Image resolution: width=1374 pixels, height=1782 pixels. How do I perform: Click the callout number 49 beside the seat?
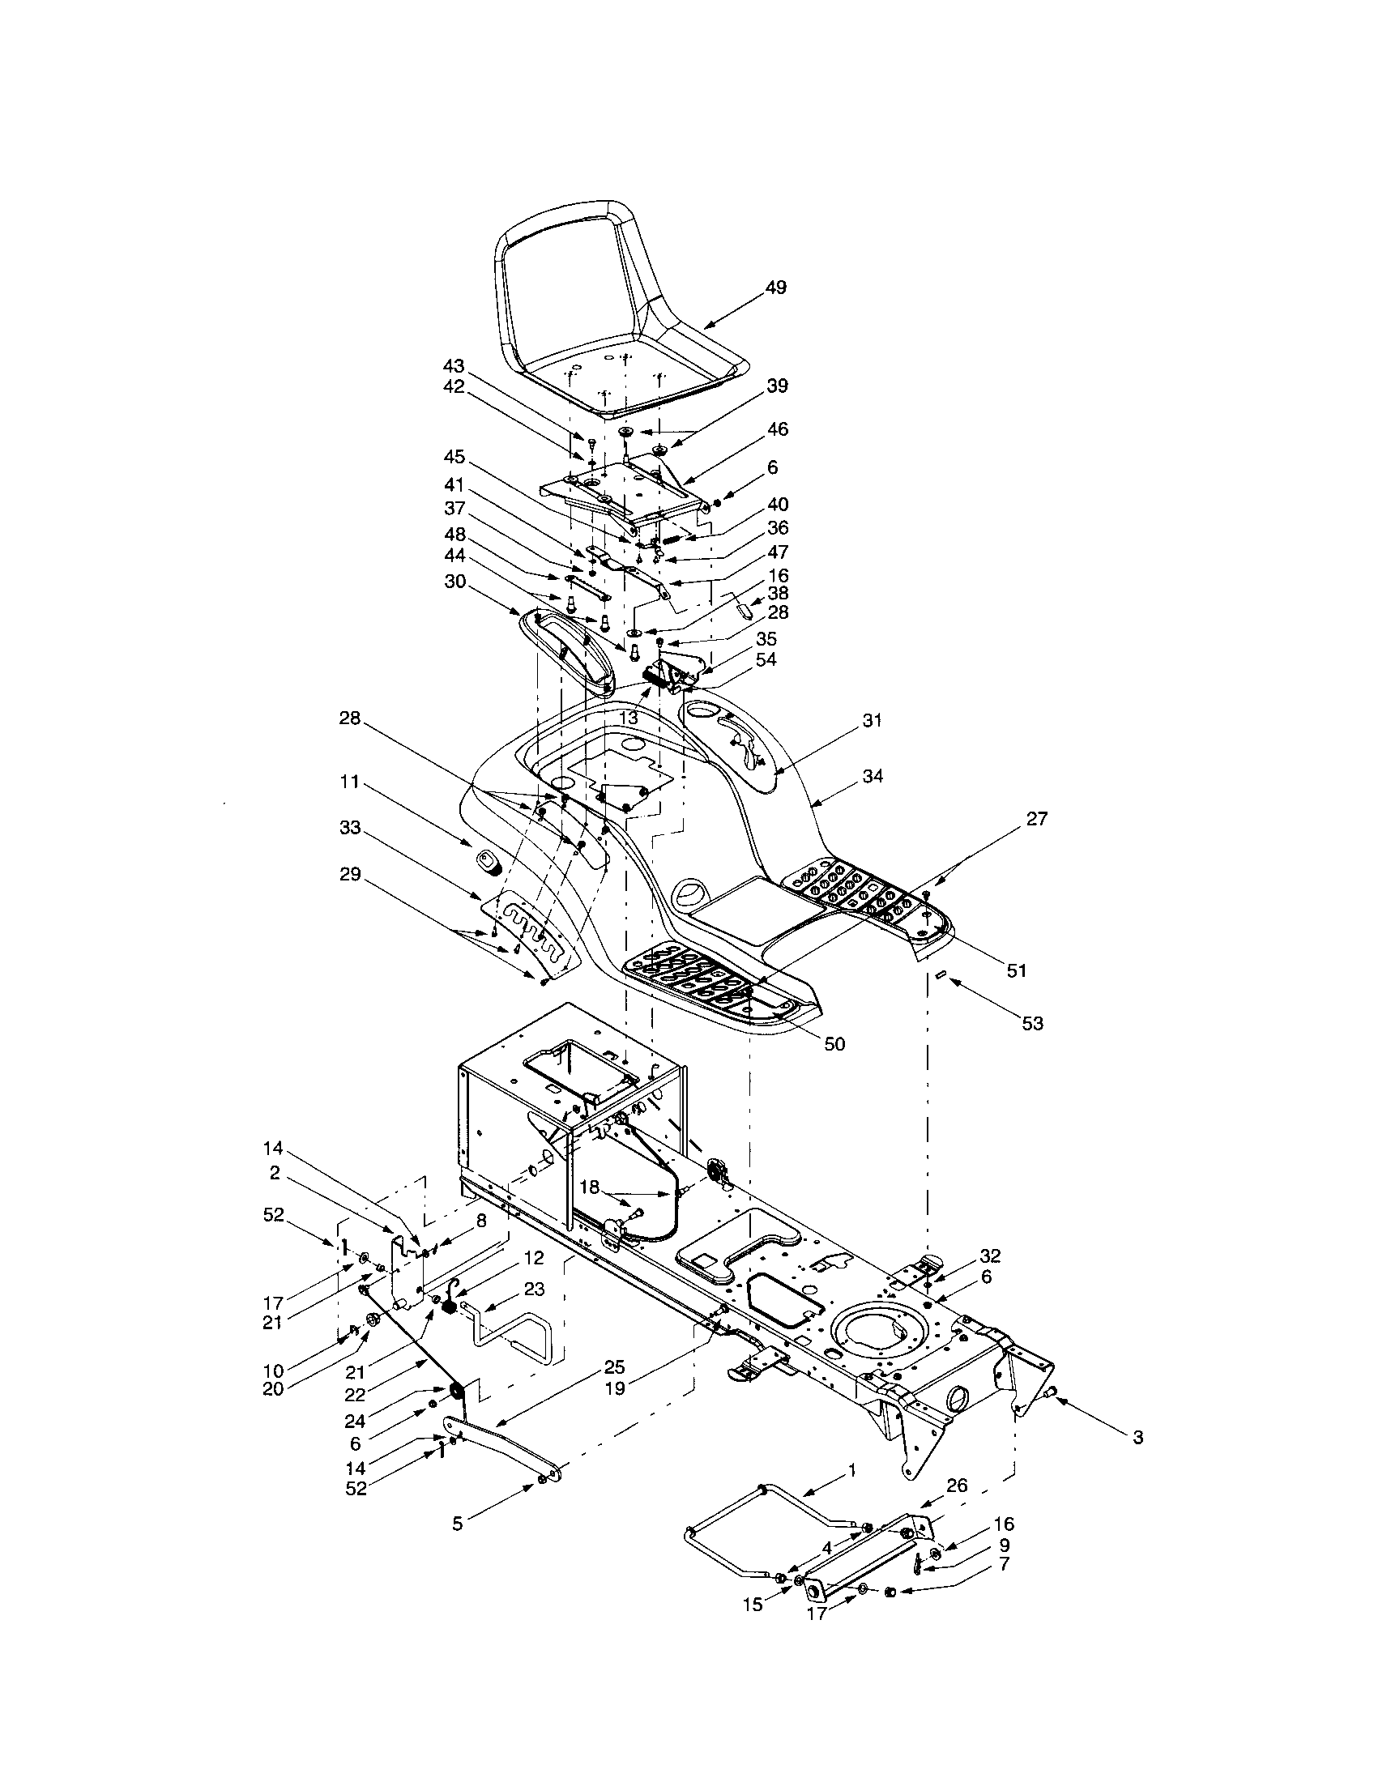[776, 288]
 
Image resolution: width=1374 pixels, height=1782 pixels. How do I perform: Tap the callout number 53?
[1032, 1023]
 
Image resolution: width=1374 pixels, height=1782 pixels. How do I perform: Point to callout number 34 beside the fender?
[873, 776]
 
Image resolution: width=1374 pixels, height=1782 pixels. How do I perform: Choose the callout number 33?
[350, 828]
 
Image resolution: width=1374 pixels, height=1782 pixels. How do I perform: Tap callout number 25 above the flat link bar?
[614, 1365]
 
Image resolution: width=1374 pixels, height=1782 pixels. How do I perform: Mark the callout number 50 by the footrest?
[834, 1043]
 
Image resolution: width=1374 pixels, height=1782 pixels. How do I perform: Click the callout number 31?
[873, 720]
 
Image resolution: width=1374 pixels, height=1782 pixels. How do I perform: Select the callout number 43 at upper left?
[454, 365]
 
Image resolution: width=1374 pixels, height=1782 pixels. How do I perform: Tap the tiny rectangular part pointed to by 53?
[940, 974]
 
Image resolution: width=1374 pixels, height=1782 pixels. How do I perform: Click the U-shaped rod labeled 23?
[514, 1330]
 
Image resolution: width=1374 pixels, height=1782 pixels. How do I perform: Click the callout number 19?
[614, 1388]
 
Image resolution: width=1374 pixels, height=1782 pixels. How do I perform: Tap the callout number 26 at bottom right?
[957, 1485]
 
